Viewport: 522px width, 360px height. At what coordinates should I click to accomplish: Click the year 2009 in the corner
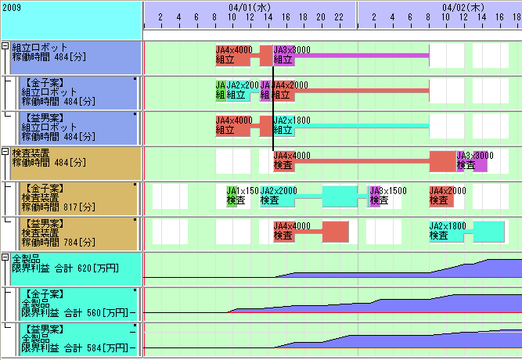click(12, 6)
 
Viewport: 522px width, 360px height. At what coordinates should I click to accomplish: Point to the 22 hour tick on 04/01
click(338, 17)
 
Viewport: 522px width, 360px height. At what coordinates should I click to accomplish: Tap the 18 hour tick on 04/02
click(516, 17)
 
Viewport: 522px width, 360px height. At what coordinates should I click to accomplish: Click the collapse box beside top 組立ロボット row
click(5, 46)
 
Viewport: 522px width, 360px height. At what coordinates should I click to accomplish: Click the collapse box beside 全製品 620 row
click(5, 257)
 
